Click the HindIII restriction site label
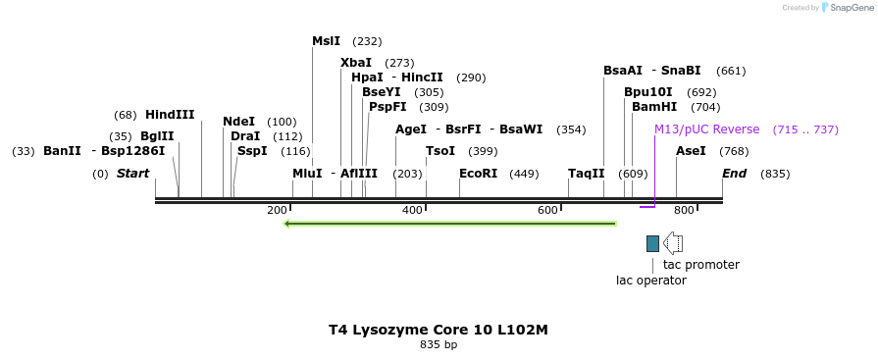(x=170, y=115)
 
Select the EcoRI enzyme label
(x=479, y=174)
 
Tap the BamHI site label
(x=654, y=107)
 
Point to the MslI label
(x=326, y=41)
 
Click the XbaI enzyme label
(x=356, y=63)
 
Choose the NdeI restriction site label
(x=238, y=122)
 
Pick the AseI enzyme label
(x=691, y=151)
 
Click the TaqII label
(x=586, y=174)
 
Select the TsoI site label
(x=440, y=151)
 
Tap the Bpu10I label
(x=648, y=92)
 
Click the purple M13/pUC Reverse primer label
(x=706, y=129)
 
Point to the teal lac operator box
(x=652, y=243)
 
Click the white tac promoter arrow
(x=673, y=243)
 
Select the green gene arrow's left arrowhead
(x=287, y=224)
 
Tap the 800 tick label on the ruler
(x=684, y=210)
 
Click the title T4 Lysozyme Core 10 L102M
(x=439, y=330)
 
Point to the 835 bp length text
(x=439, y=345)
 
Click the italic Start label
(x=132, y=174)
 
